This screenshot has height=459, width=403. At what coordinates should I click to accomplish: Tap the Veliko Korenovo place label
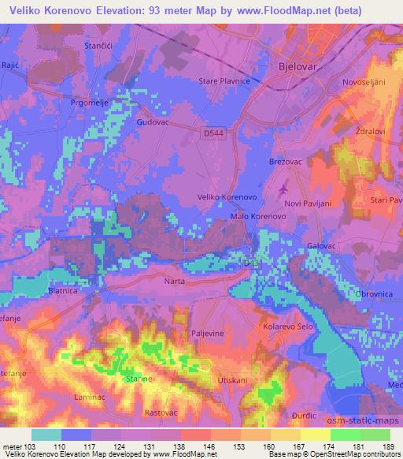click(x=227, y=197)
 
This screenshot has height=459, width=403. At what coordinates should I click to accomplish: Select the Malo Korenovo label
click(x=257, y=215)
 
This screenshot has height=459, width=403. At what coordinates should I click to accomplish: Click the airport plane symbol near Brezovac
click(x=283, y=190)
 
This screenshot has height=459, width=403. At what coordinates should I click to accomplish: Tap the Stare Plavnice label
click(x=224, y=81)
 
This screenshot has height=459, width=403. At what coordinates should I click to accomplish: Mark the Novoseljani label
click(x=366, y=82)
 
